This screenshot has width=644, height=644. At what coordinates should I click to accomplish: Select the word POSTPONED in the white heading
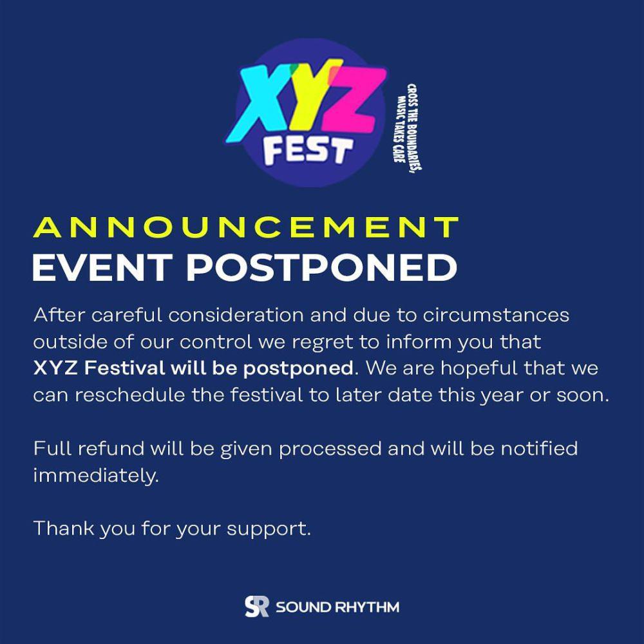321,267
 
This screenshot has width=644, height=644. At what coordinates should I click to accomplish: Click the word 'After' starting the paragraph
59,315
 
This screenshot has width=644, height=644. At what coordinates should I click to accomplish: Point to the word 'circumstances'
496,315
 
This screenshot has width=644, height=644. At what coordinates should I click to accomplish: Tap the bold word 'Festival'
124,368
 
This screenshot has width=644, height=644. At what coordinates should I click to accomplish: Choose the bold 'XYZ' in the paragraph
55,368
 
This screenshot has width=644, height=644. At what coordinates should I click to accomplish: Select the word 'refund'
111,448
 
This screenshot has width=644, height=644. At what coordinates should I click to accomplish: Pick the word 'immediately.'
96,476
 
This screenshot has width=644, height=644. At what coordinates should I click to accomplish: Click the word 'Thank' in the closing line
64,528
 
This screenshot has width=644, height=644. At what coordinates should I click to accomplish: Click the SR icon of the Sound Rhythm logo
257,606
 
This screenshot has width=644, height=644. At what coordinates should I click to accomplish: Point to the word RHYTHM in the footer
367,607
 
